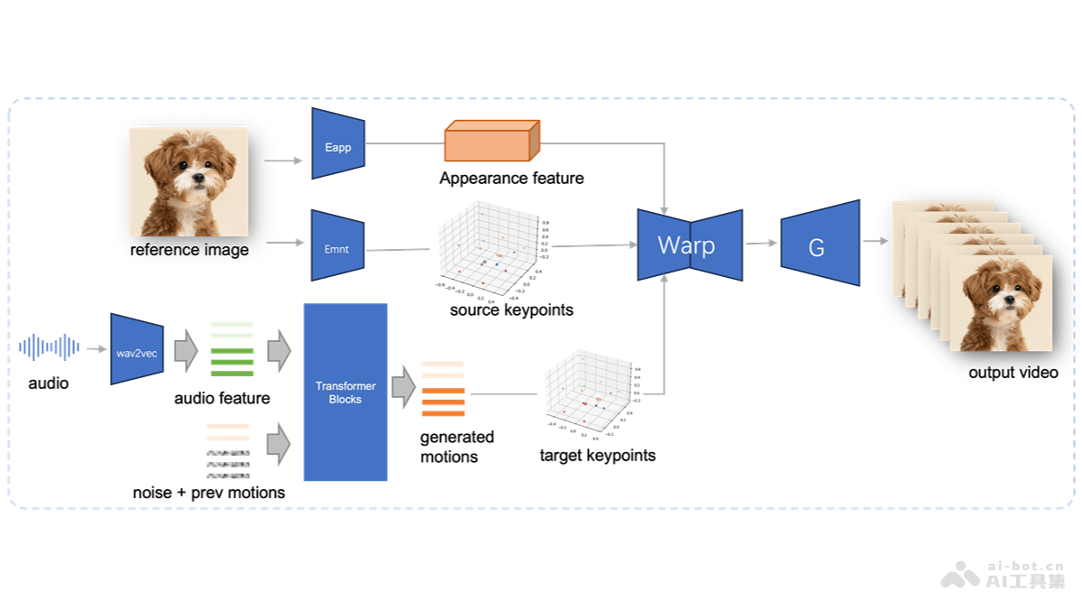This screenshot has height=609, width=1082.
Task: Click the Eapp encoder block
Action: [338, 144]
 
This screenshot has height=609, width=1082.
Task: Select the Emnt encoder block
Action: [337, 247]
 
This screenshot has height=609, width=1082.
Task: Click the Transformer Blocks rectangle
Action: [345, 392]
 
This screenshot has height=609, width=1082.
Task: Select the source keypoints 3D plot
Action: [485, 249]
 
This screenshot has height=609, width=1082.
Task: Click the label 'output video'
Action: [1013, 373]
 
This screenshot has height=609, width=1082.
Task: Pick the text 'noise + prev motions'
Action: [208, 493]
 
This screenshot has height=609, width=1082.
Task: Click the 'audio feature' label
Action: [222, 398]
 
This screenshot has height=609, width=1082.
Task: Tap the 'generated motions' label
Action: [457, 447]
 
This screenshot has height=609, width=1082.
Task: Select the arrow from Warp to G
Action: [761, 244]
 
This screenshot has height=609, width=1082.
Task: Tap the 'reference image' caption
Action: [189, 250]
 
